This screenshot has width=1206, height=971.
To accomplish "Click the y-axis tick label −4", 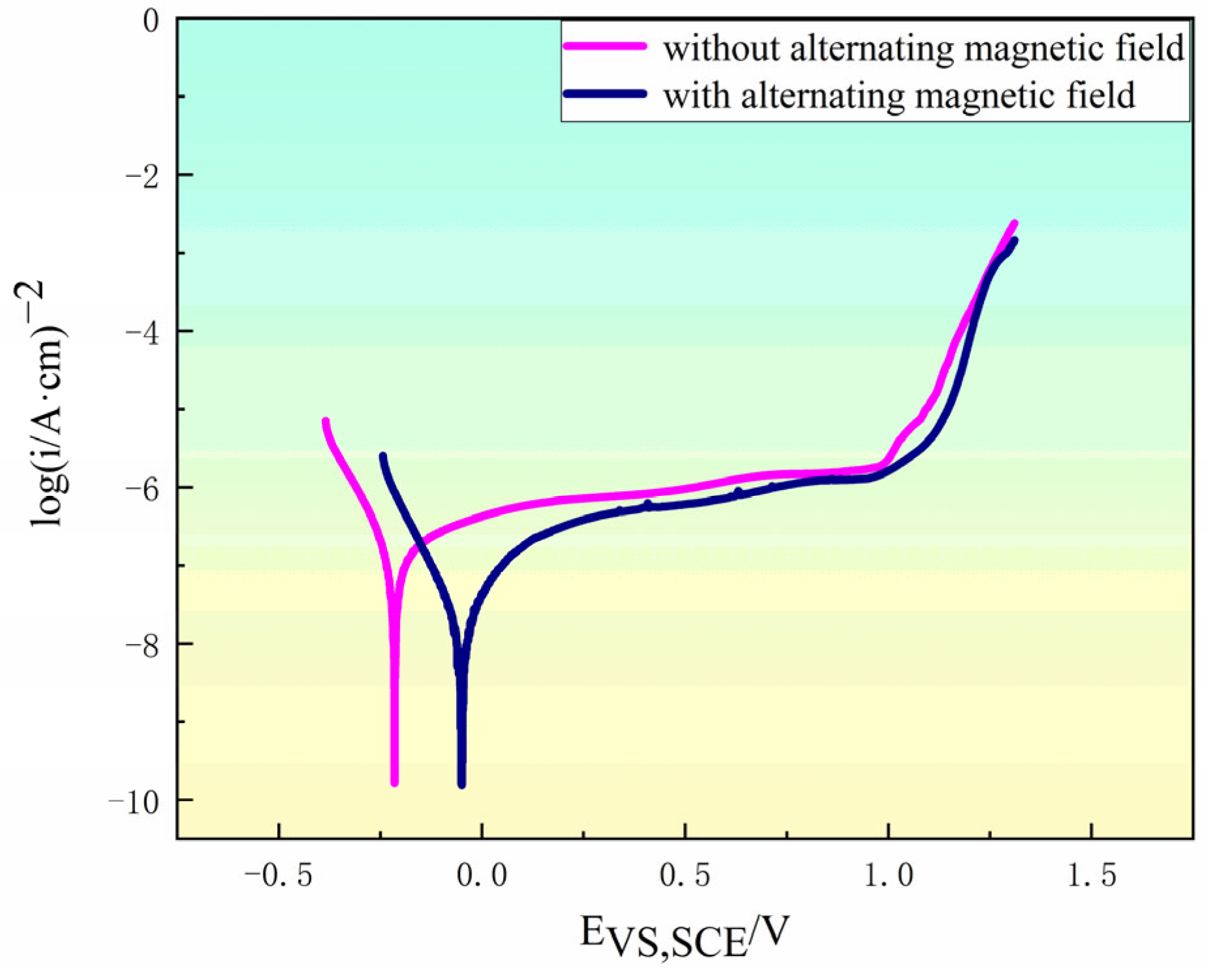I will tap(141, 332).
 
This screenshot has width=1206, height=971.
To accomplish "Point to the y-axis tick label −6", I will tap(141, 488).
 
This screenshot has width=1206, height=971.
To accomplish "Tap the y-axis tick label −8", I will tap(141, 645).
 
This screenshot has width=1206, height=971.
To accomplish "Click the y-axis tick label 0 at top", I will tap(151, 21).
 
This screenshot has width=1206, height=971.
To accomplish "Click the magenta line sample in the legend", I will tap(605, 46).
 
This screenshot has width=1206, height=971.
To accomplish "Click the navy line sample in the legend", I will tap(605, 94).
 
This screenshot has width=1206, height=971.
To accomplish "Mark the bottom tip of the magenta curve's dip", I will tap(394, 782).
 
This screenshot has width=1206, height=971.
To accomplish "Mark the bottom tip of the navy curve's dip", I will tap(462, 784).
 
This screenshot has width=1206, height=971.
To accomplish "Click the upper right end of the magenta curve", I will tap(1015, 224).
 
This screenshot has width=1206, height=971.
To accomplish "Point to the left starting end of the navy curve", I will tap(383, 456).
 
